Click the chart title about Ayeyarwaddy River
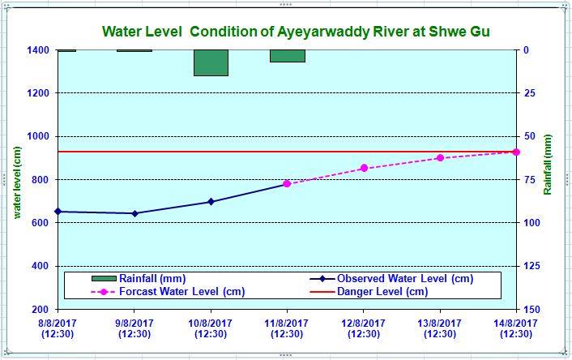[296, 32]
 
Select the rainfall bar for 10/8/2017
[211, 62]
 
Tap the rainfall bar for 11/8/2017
[288, 55]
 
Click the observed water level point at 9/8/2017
[134, 213]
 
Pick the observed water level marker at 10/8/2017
[211, 202]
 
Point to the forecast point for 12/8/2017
[364, 168]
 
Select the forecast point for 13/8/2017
[440, 158]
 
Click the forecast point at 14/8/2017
[516, 152]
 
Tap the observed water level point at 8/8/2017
[58, 212]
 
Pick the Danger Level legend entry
[382, 292]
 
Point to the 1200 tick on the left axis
[41, 93]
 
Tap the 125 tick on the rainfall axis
[531, 266]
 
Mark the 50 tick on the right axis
[528, 136]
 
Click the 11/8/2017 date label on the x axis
[287, 328]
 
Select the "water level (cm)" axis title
[16, 180]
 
